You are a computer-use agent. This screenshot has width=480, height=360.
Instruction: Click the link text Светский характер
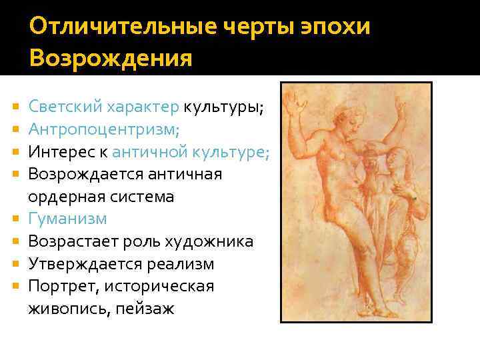(103, 106)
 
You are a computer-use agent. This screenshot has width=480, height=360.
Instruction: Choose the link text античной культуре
(190, 151)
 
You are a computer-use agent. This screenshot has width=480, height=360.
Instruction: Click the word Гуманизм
(67, 219)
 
